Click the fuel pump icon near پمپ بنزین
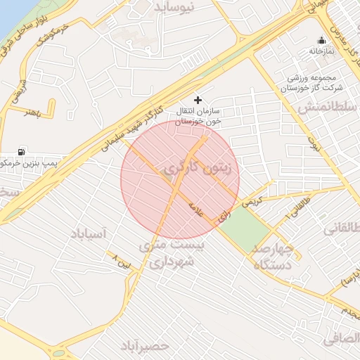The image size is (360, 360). [21, 151]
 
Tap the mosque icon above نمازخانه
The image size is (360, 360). [322, 40]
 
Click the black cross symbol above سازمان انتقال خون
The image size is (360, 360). [198, 100]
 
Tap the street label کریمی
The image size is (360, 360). [251, 200]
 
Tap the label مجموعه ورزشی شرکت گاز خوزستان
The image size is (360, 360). [311, 83]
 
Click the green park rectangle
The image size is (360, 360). [246, 225]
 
